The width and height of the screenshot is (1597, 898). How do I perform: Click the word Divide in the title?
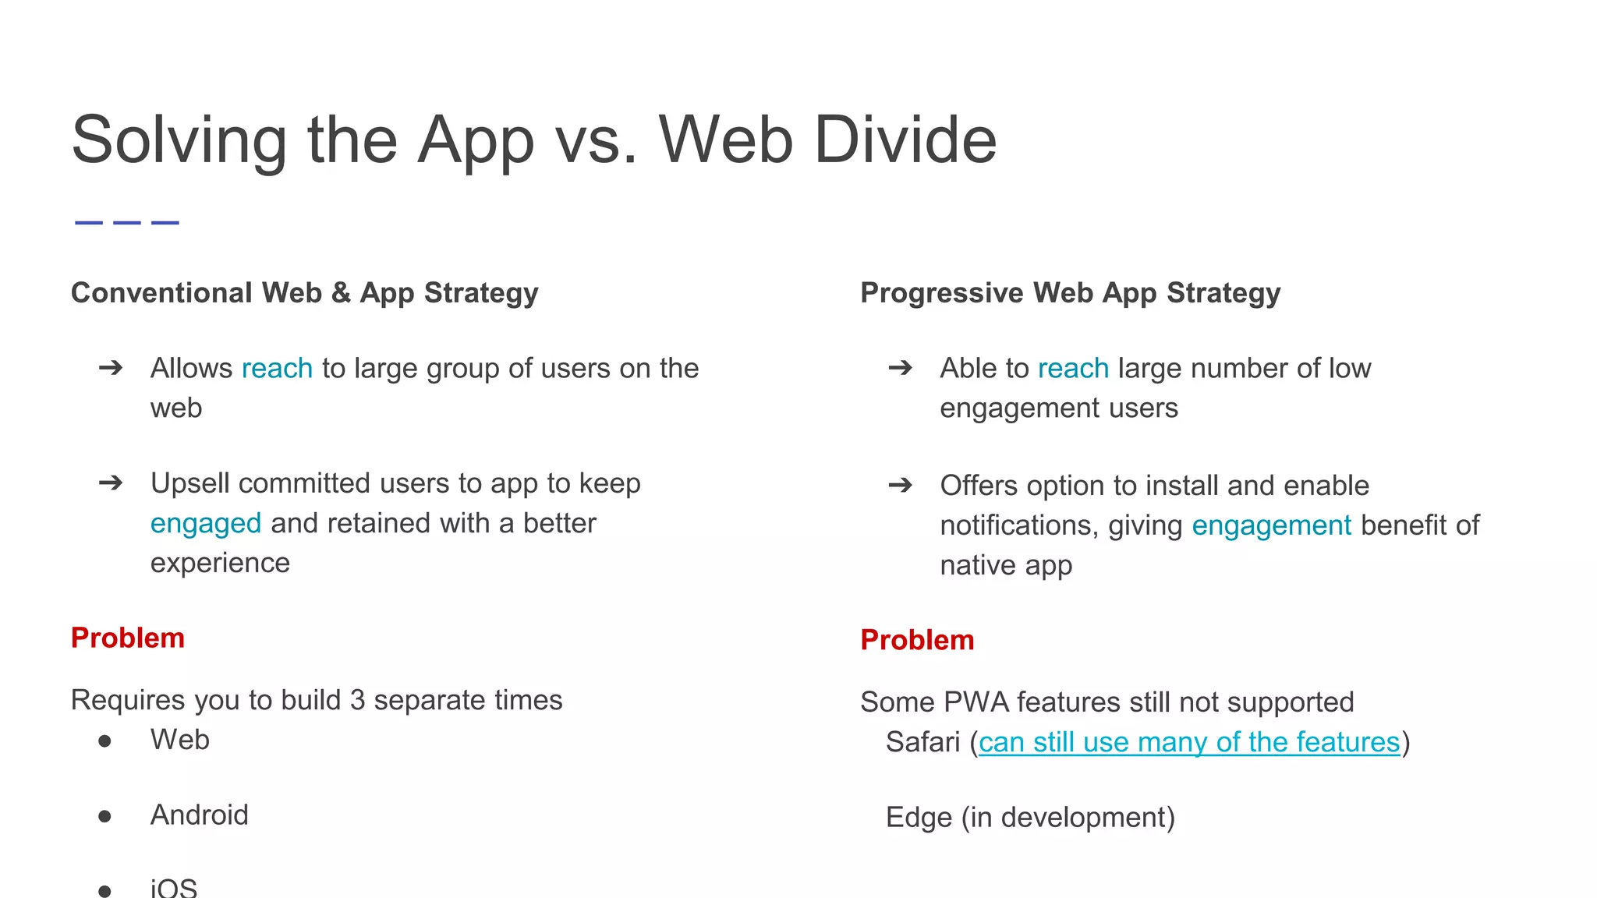coord(905,140)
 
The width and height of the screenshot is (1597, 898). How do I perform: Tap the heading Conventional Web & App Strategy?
coord(304,293)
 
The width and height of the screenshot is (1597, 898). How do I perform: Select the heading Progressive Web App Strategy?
coord(1070,293)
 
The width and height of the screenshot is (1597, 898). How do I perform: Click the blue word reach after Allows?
coord(277,368)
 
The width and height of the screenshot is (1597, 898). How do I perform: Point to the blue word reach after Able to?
coord(1073,368)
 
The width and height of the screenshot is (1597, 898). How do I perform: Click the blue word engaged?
coord(206,523)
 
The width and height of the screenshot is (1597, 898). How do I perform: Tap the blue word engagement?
coord(1271,525)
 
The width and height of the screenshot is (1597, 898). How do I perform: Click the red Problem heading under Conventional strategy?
coord(128,638)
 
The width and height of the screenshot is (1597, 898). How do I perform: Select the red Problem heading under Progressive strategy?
coord(917,640)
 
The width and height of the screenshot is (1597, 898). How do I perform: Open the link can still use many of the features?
coord(1189,742)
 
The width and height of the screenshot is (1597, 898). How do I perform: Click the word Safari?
coord(922,742)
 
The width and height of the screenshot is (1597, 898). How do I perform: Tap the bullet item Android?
coord(200,815)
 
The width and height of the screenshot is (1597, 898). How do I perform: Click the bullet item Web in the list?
coord(180,740)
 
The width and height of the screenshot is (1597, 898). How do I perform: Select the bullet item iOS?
coord(174,888)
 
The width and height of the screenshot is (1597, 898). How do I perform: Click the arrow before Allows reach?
coord(111,368)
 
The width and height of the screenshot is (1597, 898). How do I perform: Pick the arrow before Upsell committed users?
coord(111,483)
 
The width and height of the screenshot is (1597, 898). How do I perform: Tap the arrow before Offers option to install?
coord(900,486)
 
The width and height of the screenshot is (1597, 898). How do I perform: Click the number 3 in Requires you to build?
coord(357,700)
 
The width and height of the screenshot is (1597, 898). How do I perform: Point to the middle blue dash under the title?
coord(126,223)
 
